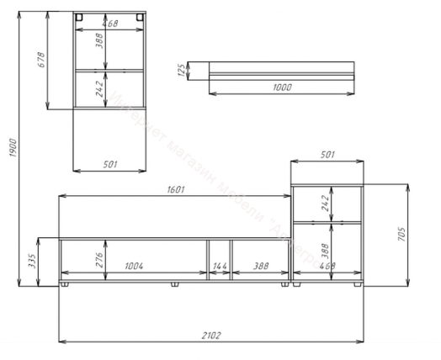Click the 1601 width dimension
tap(174, 190)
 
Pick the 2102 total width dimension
tap(211, 336)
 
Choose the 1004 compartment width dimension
tap(134, 266)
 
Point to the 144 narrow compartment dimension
tap(219, 266)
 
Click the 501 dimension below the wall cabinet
tap(110, 163)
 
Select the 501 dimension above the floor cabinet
tap(328, 154)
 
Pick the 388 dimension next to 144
tap(259, 266)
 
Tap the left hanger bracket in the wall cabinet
tap(79, 18)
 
